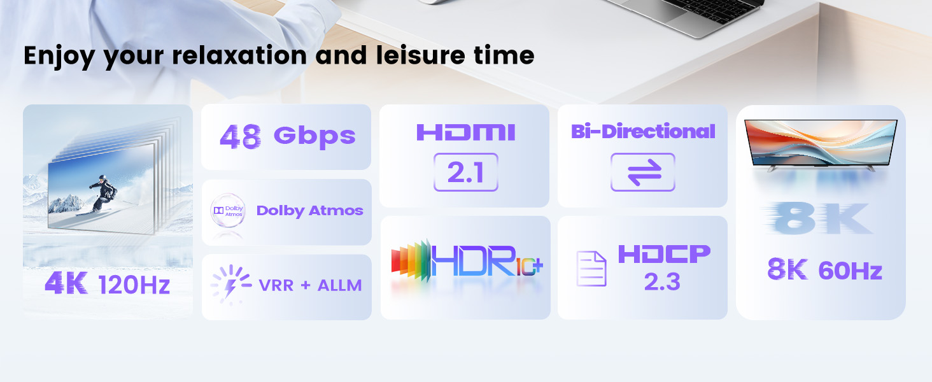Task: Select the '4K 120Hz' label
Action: (108, 284)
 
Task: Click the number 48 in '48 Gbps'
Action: (240, 136)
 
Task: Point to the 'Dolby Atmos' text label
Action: (309, 211)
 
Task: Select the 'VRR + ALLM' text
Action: (310, 285)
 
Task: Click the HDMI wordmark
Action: (465, 132)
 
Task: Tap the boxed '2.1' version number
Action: (465, 172)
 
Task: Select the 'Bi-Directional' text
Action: (643, 131)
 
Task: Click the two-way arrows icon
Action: (642, 172)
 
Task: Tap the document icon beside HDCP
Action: (591, 269)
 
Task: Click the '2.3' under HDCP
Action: (663, 281)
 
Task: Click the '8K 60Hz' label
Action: (824, 271)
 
